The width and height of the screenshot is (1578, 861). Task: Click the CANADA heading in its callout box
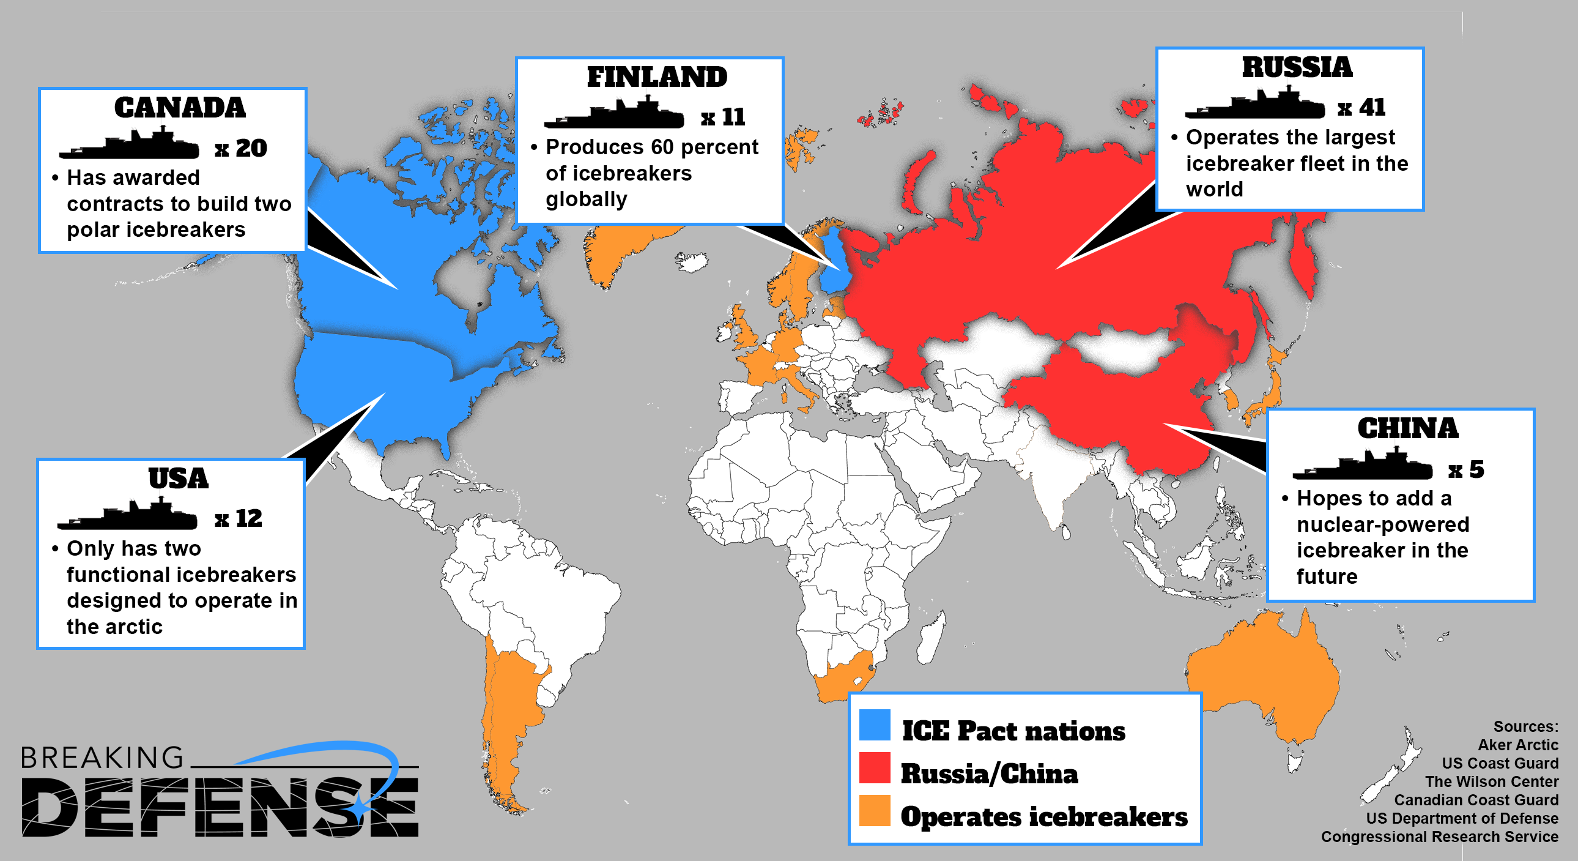(179, 108)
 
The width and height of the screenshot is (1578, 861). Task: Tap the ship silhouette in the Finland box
(614, 114)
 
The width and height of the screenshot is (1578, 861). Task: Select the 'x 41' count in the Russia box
(1361, 108)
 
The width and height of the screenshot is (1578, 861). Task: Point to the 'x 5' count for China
(1466, 469)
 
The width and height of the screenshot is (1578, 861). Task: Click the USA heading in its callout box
(178, 479)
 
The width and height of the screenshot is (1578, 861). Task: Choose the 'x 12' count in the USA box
(239, 518)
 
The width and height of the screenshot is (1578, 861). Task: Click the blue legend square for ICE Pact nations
(874, 725)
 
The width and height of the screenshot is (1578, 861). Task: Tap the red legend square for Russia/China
(874, 768)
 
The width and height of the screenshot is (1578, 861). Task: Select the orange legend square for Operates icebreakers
(874, 811)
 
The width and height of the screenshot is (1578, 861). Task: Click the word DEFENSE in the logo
(221, 807)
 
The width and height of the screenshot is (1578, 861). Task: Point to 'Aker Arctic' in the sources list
(1517, 745)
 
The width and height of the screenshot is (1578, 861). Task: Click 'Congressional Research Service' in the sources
(1439, 837)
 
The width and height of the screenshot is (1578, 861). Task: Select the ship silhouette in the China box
(1363, 465)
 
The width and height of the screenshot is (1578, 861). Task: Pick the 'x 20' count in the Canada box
(241, 148)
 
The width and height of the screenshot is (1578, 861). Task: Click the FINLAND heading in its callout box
(657, 77)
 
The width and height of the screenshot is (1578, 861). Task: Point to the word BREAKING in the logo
(102, 758)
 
